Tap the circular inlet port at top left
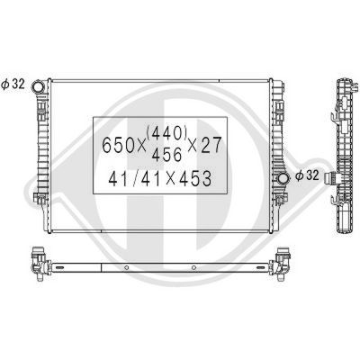pyautogui.click(x=39, y=88)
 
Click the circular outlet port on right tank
pyautogui.click(x=285, y=177)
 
